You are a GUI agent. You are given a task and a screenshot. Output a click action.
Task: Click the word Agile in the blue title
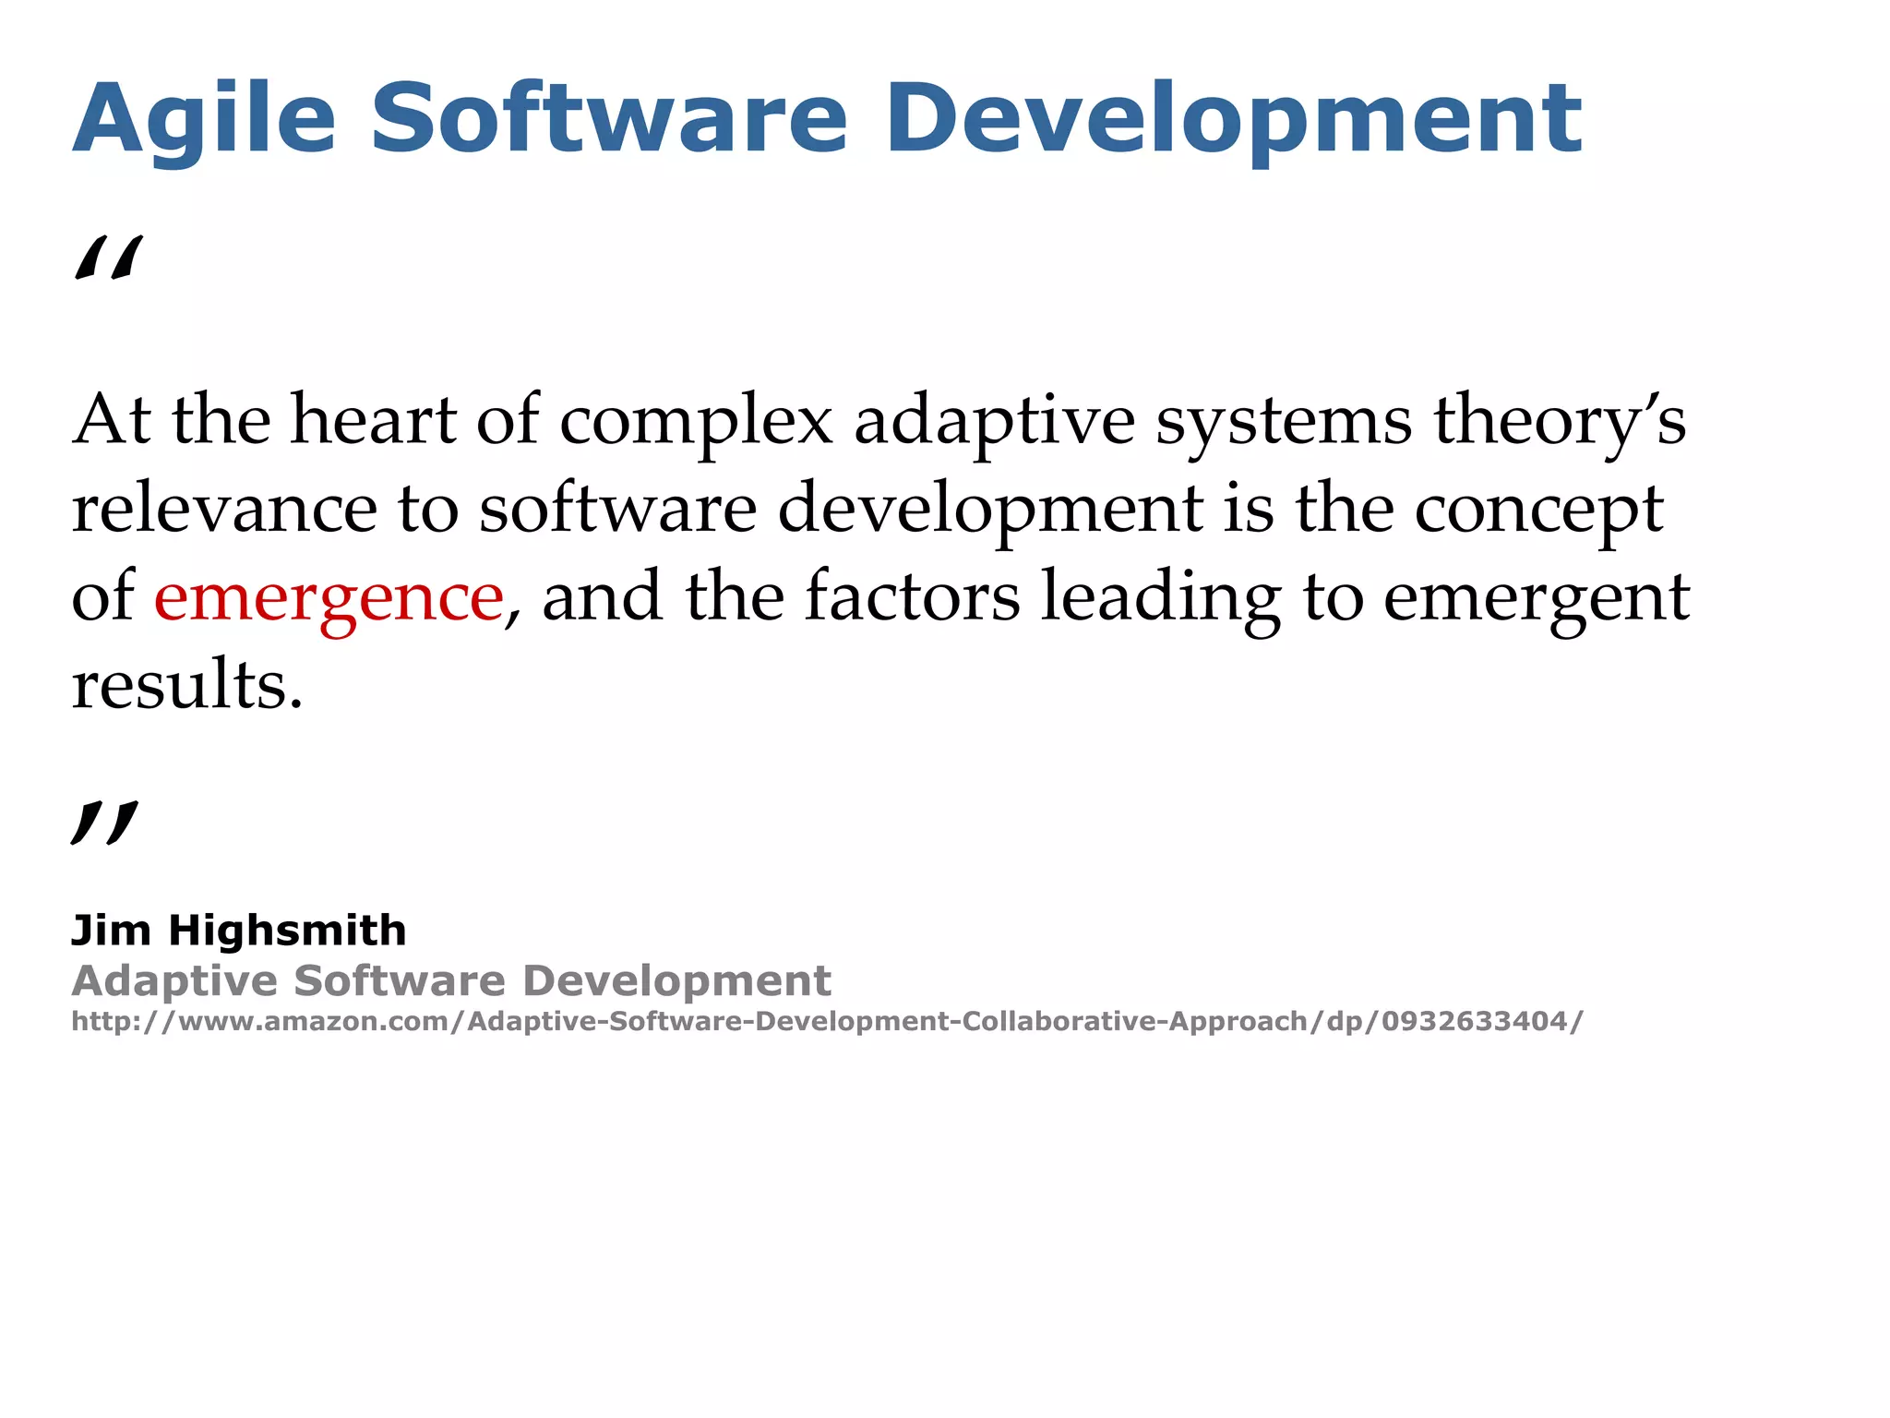[204, 120]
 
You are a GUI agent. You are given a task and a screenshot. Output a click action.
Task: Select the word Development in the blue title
[1234, 120]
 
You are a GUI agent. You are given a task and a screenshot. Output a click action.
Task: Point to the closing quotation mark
[104, 823]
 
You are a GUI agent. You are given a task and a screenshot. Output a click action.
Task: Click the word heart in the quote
[374, 421]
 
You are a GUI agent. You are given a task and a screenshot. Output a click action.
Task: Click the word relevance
[224, 510]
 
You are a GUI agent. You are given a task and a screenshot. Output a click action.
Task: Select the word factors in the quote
[913, 597]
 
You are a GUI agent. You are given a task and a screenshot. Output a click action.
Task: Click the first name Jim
[111, 931]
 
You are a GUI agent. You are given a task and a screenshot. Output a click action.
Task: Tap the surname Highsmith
[287, 931]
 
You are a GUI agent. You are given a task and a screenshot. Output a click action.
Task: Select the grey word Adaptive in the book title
[174, 981]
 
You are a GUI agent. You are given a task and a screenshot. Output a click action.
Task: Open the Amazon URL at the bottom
[827, 1022]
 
